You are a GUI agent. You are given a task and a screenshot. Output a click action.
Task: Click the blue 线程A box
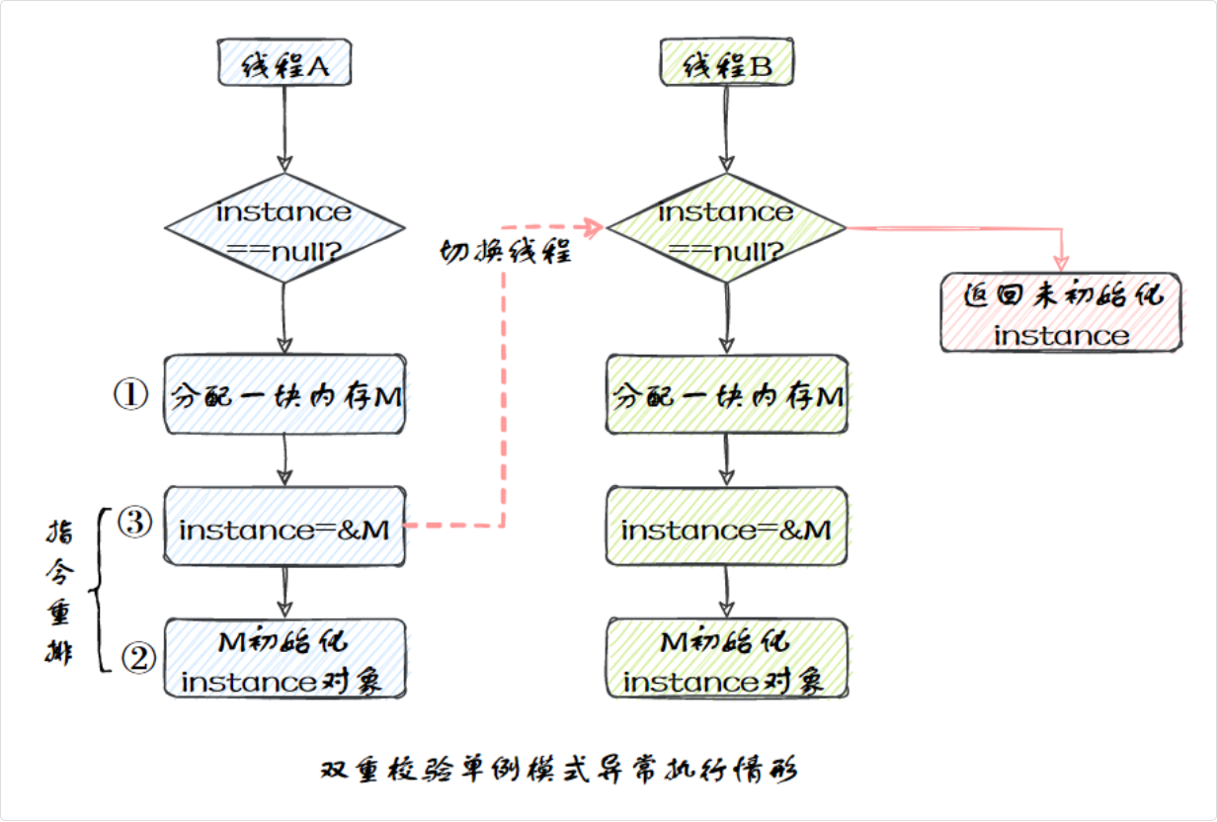(x=284, y=67)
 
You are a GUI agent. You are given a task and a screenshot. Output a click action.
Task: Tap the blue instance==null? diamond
(x=284, y=228)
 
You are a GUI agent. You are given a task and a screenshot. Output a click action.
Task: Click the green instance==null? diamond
(x=726, y=228)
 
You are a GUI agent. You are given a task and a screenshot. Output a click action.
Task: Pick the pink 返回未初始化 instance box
(x=1061, y=313)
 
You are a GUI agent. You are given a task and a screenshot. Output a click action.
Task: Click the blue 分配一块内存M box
(x=284, y=394)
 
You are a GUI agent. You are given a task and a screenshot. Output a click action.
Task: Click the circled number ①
(x=130, y=394)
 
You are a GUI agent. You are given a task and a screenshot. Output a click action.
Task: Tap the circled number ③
(x=135, y=523)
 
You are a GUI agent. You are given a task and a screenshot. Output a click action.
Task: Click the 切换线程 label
(x=505, y=253)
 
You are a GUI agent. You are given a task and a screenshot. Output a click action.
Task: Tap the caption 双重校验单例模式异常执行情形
(x=559, y=770)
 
